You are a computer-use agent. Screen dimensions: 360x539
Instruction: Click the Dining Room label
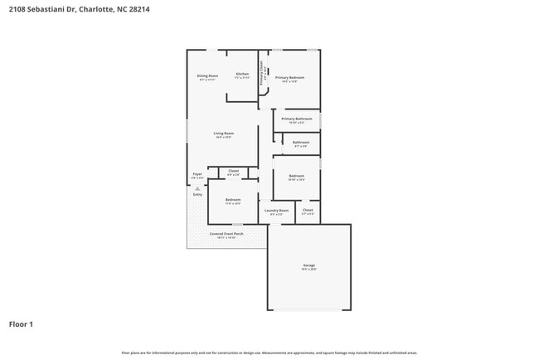coord(207,76)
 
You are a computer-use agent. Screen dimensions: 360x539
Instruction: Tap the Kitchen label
coord(242,75)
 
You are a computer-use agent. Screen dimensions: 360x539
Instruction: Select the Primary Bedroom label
coord(290,78)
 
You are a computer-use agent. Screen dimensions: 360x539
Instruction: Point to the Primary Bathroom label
coord(296,119)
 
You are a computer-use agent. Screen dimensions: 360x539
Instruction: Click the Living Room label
coord(223,134)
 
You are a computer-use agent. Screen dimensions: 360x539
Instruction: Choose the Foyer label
coord(197,174)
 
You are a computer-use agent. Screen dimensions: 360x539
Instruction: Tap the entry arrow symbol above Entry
coord(197,188)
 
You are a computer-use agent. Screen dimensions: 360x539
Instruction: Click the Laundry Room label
coord(276,211)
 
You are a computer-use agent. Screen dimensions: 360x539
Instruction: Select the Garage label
coord(308,266)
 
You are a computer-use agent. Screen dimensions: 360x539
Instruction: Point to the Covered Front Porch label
coord(226,234)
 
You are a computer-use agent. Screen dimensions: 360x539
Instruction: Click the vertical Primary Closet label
coord(263,74)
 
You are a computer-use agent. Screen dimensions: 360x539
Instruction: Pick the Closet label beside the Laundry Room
coord(308,211)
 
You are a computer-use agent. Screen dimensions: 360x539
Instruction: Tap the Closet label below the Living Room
coord(233,172)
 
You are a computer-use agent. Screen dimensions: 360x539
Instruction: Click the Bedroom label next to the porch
coord(233,200)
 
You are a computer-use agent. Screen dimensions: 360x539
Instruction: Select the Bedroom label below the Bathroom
coord(296,176)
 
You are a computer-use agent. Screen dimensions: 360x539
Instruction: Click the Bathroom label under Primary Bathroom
coord(301,142)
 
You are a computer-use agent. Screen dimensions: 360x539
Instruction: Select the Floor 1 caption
coord(21,324)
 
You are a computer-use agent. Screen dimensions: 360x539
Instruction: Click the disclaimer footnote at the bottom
coord(269,352)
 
